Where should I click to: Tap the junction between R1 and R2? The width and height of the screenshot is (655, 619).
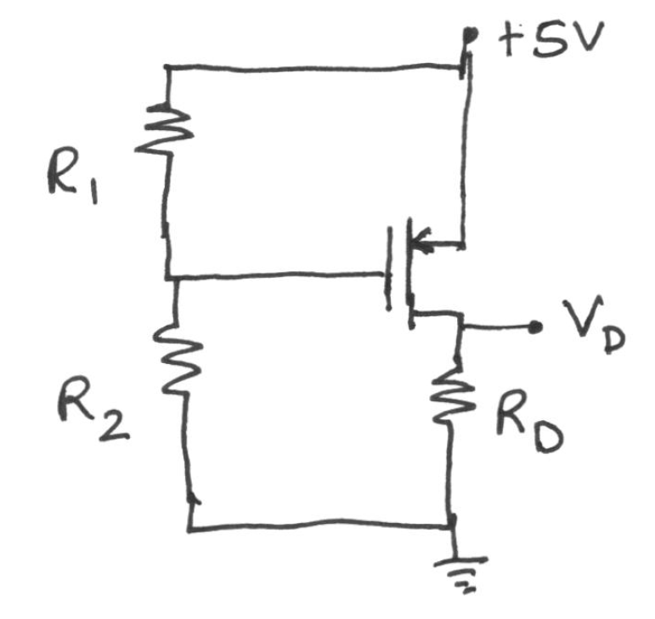click(170, 278)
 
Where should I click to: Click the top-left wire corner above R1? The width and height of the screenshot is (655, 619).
click(167, 66)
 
